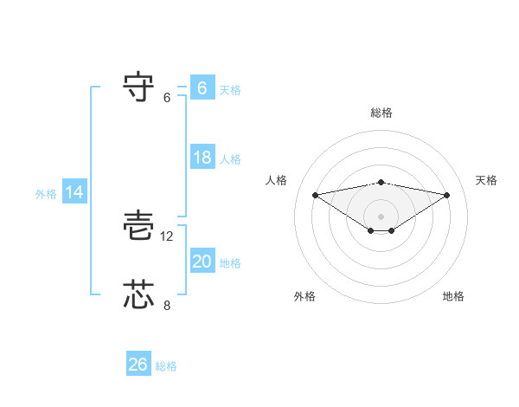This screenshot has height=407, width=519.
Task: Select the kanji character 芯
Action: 140,294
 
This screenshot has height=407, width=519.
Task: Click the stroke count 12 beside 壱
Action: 168,236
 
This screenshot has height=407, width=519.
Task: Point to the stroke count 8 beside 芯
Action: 168,304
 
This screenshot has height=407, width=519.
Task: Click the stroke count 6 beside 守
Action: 168,97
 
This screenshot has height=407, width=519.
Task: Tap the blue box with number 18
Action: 202,158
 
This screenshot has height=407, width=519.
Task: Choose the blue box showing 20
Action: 202,262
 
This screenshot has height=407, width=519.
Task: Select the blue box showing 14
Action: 74,193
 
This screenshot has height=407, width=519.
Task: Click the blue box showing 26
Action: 138,365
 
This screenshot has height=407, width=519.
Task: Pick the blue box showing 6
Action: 202,88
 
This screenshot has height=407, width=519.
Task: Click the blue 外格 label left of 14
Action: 46,194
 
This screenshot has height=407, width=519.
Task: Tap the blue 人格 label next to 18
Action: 230,159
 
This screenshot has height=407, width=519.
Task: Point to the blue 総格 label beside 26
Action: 166,366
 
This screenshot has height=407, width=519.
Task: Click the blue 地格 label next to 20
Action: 230,263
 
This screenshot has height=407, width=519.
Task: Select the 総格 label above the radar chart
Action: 381,113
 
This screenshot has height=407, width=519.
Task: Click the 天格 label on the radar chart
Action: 487,180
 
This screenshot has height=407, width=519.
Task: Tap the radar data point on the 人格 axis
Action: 315,194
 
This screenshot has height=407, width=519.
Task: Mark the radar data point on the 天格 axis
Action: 447,194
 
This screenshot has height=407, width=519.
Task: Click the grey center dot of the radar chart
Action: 381,216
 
